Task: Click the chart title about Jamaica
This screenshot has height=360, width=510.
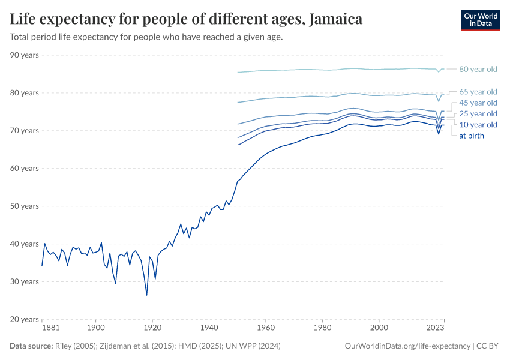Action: [186, 19]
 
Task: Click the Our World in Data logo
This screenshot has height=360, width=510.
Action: [480, 20]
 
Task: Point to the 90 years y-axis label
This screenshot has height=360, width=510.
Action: [25, 55]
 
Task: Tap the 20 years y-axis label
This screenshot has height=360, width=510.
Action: [25, 319]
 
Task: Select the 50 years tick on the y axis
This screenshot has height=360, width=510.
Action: [25, 206]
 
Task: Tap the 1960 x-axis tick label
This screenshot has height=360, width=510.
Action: [266, 329]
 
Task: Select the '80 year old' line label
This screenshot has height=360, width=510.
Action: [478, 69]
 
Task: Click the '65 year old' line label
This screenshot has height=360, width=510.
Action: [478, 92]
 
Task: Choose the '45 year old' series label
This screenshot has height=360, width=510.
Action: [478, 103]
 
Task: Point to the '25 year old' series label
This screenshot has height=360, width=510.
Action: [478, 114]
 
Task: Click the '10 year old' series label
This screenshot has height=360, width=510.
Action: [478, 125]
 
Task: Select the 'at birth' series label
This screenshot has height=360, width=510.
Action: [472, 136]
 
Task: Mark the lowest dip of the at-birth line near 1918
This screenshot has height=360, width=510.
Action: [146, 295]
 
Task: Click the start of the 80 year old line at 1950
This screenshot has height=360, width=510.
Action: [238, 72]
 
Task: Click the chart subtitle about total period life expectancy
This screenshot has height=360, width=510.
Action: [146, 37]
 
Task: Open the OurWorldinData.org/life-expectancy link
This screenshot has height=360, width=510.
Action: [408, 346]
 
